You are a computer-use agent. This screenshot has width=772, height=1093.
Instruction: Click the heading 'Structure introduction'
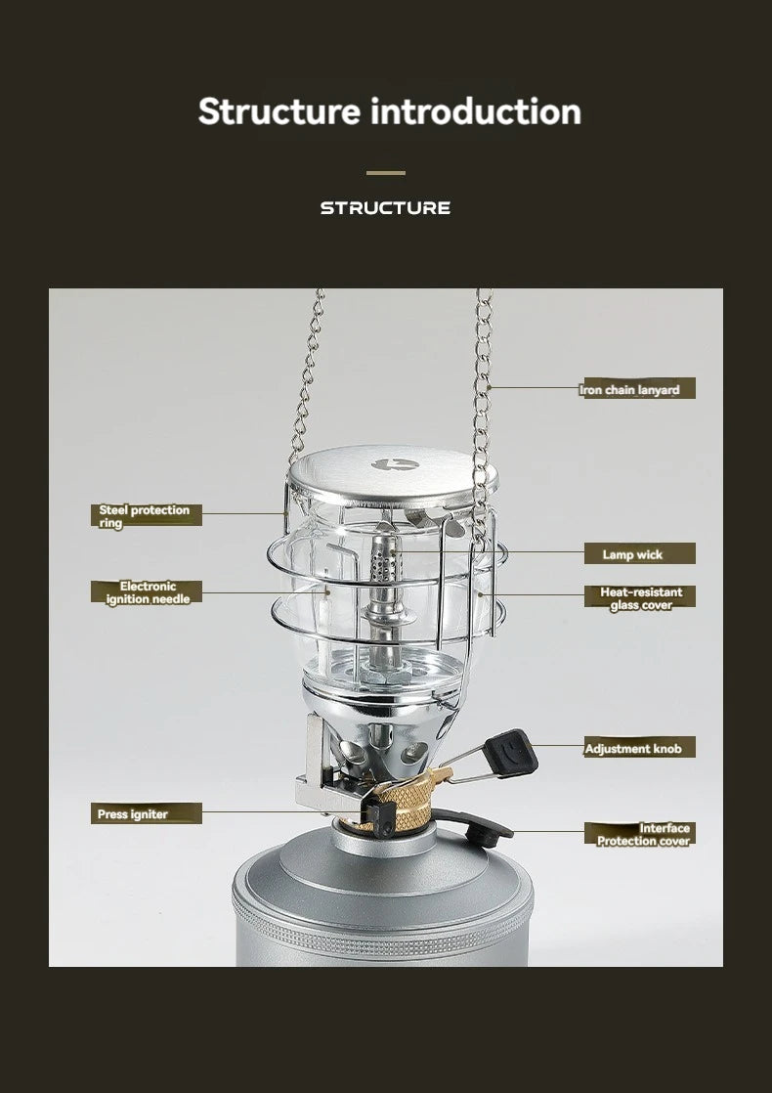coord(390,111)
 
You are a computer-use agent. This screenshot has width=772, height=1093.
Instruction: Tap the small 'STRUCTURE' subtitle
coord(385,207)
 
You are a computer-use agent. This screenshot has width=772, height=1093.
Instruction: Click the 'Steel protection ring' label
coord(146,516)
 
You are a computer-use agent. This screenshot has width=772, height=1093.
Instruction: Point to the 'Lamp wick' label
coord(640,554)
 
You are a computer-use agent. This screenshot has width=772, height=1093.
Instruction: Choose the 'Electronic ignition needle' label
coord(147,592)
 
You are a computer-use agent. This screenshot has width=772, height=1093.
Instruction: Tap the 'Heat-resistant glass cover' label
coord(640,598)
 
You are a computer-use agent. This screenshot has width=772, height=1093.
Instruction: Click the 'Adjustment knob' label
coord(640,748)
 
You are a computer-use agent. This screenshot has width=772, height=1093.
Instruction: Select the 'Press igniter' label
coord(147,813)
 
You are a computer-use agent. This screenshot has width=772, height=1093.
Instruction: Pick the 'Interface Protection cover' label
coord(640,834)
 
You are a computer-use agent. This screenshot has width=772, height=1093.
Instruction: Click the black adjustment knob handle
coord(511,752)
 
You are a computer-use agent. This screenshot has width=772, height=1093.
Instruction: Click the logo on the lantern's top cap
coord(395,464)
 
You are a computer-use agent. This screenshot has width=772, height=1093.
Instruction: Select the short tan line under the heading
coord(386,173)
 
